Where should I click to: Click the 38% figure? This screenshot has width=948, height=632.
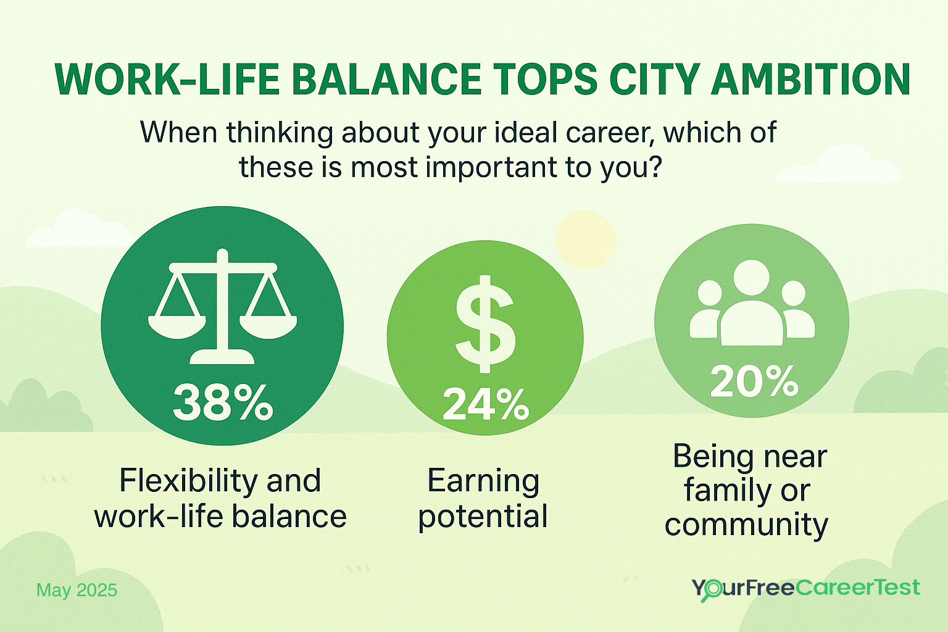[222, 402]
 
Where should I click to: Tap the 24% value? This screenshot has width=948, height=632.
[486, 405]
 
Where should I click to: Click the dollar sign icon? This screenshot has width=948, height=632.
[485, 324]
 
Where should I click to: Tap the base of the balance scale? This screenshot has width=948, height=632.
[222, 357]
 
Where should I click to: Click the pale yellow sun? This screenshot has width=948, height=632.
[585, 239]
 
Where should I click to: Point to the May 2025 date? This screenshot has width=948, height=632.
[77, 591]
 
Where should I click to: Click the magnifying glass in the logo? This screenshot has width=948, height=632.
[712, 590]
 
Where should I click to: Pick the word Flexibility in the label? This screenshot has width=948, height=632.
[179, 481]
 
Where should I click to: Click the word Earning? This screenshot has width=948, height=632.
[483, 481]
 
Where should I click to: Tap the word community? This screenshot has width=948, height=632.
[746, 525]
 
